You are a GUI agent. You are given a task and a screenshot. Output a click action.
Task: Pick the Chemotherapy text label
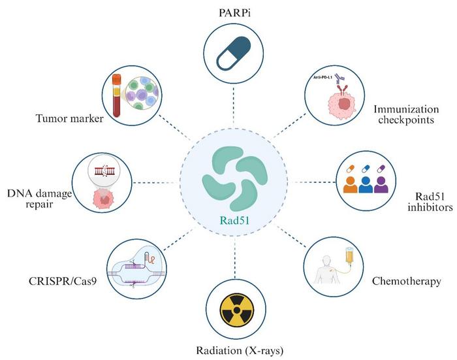(x=406, y=282)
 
